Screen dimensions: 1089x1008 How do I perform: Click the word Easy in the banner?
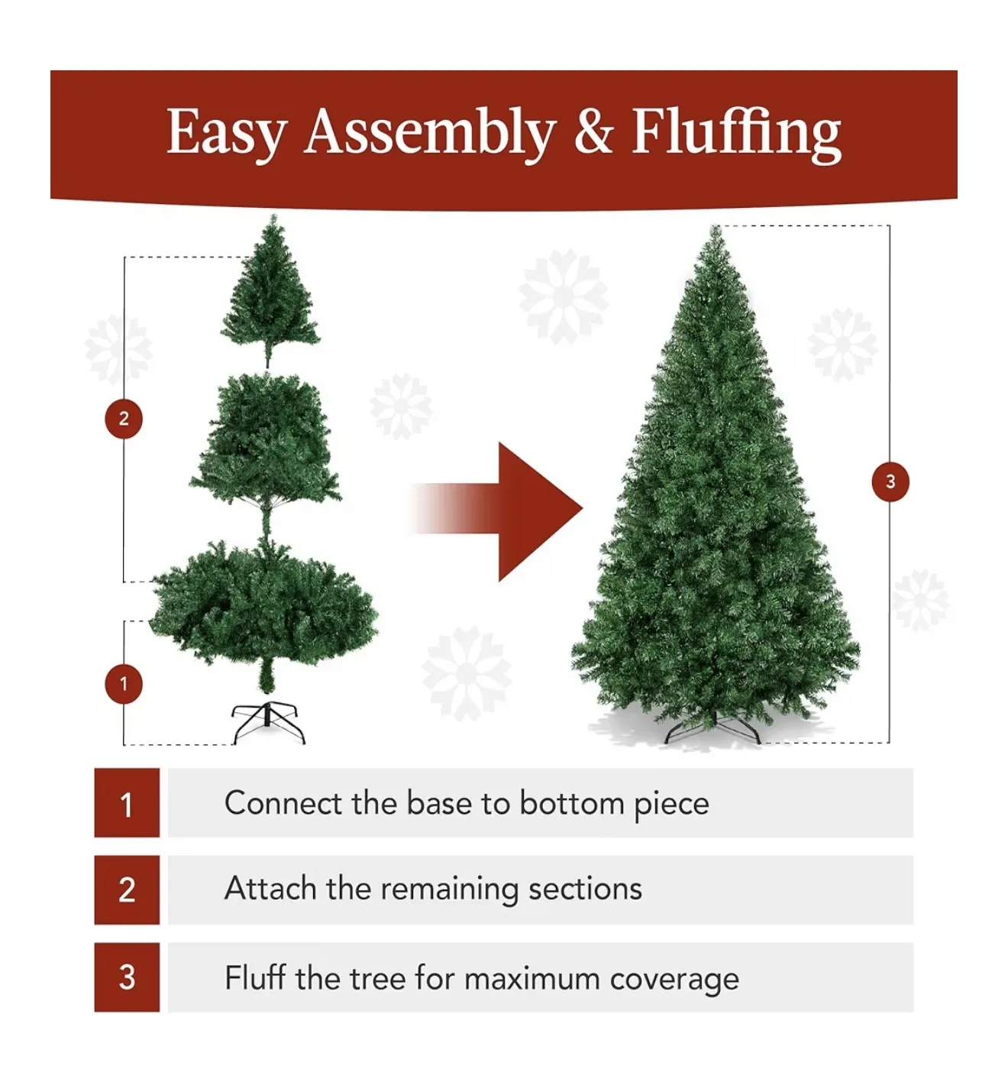[226, 133]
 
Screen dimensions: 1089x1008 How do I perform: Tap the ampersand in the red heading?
[593, 131]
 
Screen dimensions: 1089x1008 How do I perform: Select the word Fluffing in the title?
[736, 133]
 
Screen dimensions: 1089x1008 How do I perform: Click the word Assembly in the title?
[429, 133]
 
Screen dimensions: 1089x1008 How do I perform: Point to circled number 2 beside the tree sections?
[124, 419]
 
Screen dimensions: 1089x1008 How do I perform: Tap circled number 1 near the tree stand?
[124, 684]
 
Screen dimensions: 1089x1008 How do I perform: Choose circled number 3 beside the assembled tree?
[890, 481]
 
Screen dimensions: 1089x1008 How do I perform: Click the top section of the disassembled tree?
[270, 298]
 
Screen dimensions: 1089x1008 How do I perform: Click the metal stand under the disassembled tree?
[268, 722]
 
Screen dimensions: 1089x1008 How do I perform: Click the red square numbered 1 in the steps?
[127, 802]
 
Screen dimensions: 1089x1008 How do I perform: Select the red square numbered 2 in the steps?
[127, 890]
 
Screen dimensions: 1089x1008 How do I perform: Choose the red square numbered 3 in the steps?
[127, 977]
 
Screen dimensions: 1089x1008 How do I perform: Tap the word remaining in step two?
[450, 890]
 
